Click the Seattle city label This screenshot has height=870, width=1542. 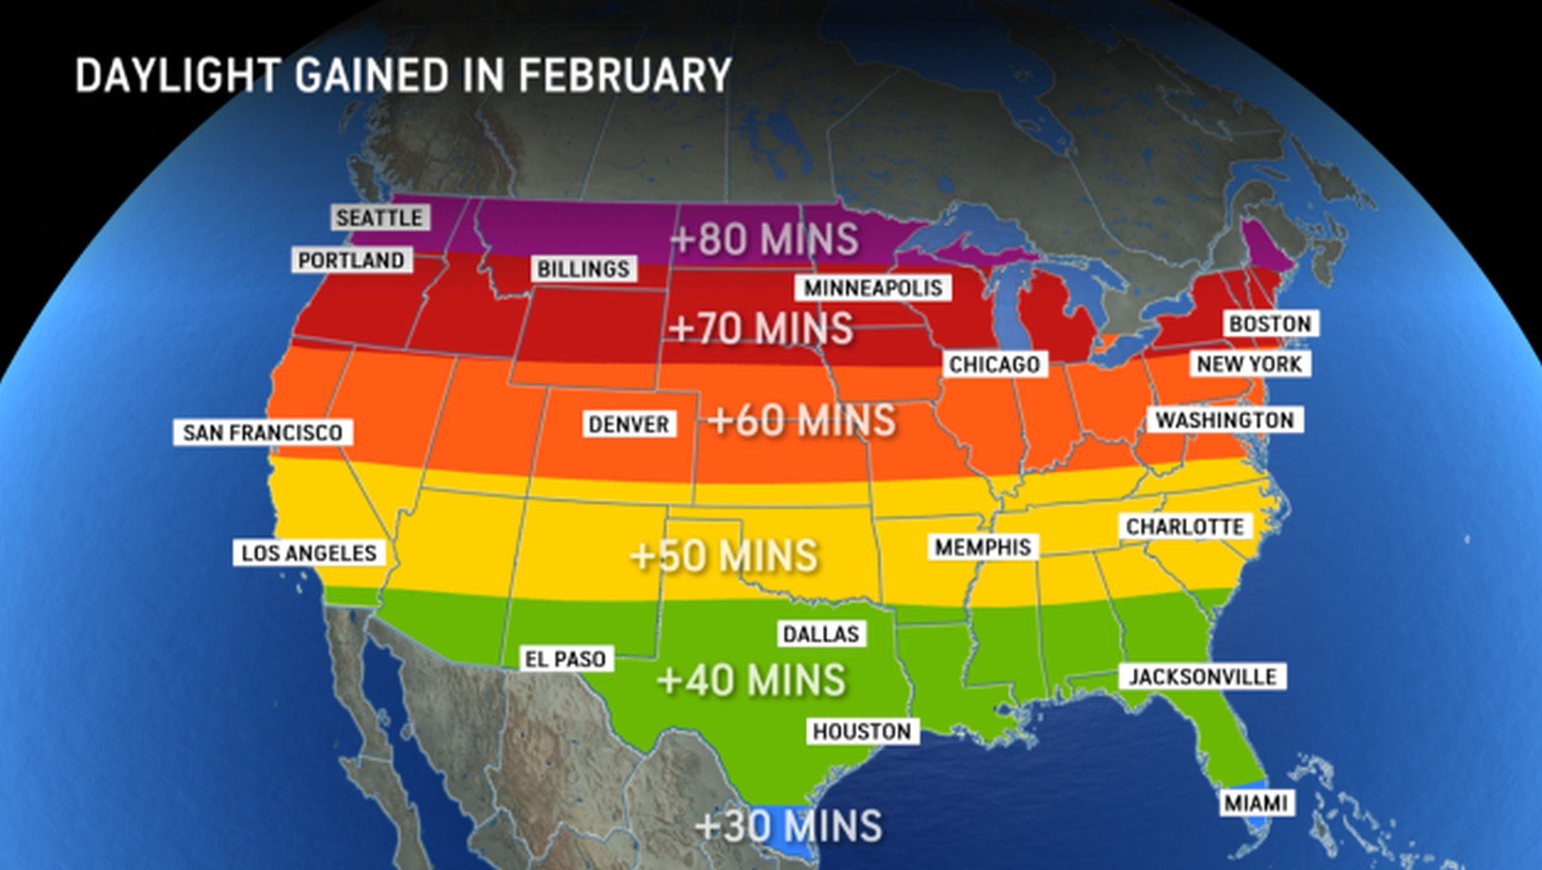[x=380, y=218]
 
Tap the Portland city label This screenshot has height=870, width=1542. [x=351, y=260]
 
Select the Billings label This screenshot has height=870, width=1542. [x=583, y=269]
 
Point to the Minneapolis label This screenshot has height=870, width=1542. [x=873, y=288]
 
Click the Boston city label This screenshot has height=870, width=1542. [x=1270, y=324]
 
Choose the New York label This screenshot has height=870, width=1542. [x=1249, y=364]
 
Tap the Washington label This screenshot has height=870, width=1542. [x=1225, y=420]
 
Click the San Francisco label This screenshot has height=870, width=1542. [x=263, y=432]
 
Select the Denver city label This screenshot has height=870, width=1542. [x=629, y=424]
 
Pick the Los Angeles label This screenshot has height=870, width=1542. [x=309, y=553]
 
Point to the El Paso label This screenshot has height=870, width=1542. [x=565, y=659]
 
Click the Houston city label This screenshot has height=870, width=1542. [x=862, y=731]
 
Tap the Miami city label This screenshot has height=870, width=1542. [x=1256, y=803]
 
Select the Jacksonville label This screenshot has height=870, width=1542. [x=1203, y=677]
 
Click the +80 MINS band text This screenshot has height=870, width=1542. [x=764, y=239]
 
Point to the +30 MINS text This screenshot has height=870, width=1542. [x=789, y=826]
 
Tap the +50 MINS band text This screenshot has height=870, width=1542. [x=724, y=555]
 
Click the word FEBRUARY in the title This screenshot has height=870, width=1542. [x=625, y=75]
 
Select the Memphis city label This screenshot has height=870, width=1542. [x=982, y=547]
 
